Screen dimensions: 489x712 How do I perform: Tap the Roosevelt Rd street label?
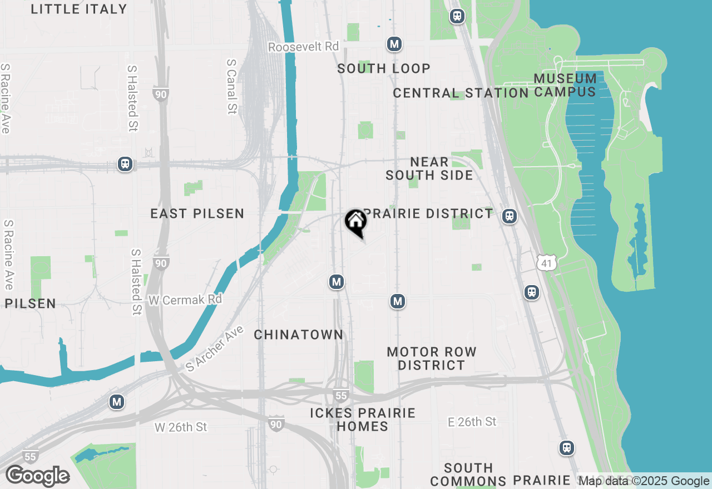pyautogui.click(x=303, y=47)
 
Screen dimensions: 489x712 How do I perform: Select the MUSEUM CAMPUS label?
pyautogui.click(x=565, y=85)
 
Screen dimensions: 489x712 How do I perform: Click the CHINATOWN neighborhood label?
pyautogui.click(x=299, y=335)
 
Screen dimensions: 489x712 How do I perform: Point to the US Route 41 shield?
pyautogui.click(x=547, y=263)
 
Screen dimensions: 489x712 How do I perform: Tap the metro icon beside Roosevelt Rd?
pyautogui.click(x=394, y=44)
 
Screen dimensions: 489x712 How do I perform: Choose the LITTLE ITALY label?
pyautogui.click(x=79, y=9)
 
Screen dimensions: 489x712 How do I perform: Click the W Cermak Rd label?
pyautogui.click(x=185, y=300)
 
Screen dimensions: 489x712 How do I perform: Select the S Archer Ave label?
pyautogui.click(x=215, y=348)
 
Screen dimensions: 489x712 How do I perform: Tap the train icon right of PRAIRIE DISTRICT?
pyautogui.click(x=509, y=216)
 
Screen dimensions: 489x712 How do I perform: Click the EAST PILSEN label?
pyautogui.click(x=197, y=213)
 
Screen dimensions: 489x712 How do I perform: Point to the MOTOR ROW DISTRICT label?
pyautogui.click(x=432, y=358)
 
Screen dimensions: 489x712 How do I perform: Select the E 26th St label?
pyautogui.click(x=472, y=422)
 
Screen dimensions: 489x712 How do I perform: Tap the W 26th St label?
pyautogui.click(x=181, y=427)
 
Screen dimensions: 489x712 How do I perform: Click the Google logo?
pyautogui.click(x=37, y=476)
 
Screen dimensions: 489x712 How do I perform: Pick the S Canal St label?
pyautogui.click(x=232, y=87)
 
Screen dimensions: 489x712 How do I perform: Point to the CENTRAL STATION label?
pyautogui.click(x=461, y=93)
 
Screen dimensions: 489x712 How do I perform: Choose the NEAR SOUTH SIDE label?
pyautogui.click(x=429, y=168)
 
